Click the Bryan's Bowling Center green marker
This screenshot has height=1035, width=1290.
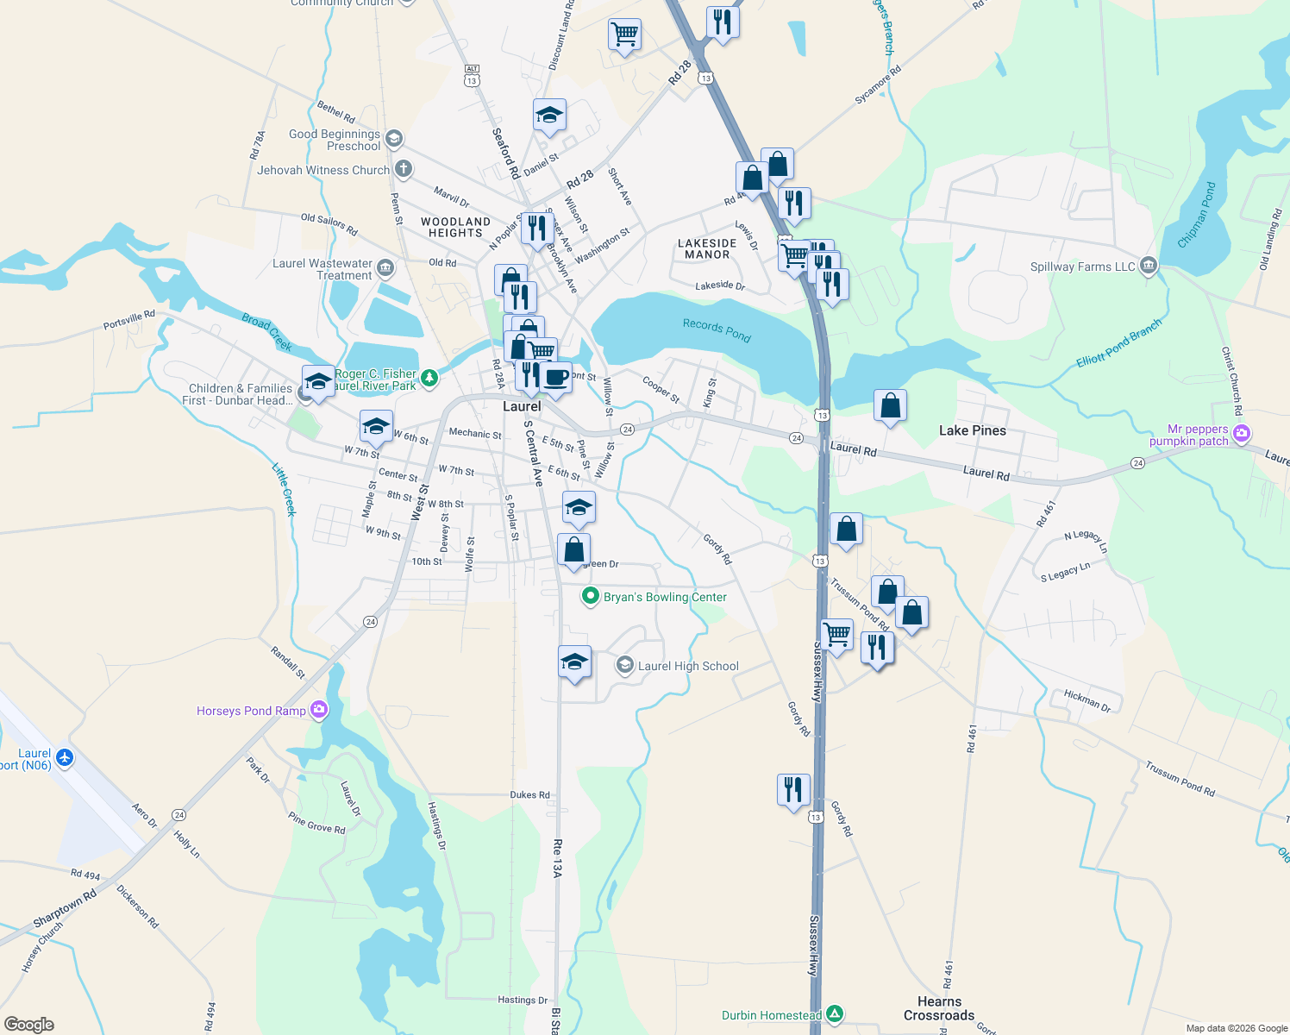591,596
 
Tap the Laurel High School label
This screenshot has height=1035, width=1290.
688,666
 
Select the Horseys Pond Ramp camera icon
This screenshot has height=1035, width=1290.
319,710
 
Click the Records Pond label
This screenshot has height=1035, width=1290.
717,330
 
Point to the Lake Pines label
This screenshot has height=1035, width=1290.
972,430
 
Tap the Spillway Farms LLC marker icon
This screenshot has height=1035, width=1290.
1148,266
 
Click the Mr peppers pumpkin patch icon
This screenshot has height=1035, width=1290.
1241,433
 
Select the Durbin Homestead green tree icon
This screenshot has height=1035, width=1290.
834,1014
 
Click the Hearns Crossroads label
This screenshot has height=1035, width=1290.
939,1008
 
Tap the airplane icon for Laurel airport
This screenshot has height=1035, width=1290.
64,758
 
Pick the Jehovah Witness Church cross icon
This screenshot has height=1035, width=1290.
402,169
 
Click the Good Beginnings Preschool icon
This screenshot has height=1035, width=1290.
393,138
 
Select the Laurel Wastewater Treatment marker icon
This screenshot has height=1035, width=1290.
385,268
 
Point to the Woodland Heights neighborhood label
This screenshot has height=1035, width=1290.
455,228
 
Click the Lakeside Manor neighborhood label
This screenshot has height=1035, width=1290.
707,249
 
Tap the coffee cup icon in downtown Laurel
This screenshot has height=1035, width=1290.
556,378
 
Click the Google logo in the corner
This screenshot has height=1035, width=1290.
28,1024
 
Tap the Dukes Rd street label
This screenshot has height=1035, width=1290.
529,794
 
